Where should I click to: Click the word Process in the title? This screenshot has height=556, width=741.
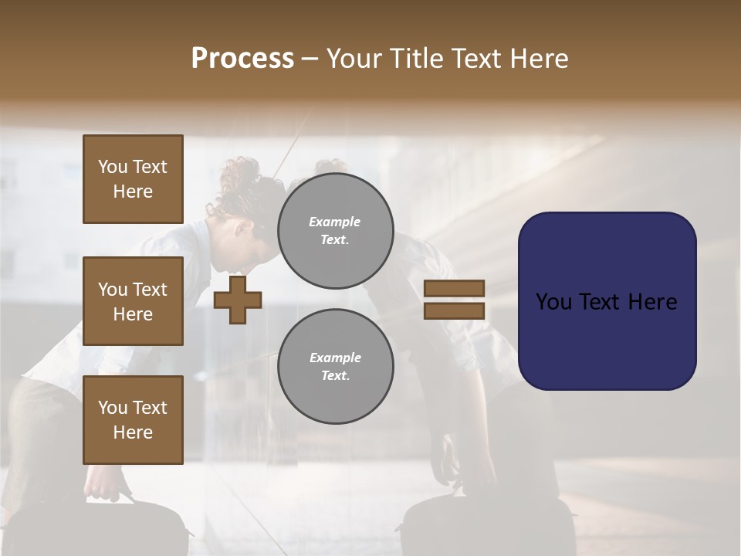click(242, 59)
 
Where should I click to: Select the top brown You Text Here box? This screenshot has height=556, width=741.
click(133, 179)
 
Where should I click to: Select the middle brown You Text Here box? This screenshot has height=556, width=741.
click(133, 301)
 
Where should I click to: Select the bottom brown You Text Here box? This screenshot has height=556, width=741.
click(133, 419)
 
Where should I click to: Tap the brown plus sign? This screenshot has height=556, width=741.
click(238, 300)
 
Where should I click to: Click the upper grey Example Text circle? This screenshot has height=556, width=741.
click(335, 230)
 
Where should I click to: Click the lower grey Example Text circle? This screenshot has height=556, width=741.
click(335, 366)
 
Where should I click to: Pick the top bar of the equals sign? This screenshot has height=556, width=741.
click(455, 288)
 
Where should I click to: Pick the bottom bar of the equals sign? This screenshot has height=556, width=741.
click(455, 311)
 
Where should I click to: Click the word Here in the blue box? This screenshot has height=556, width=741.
click(652, 302)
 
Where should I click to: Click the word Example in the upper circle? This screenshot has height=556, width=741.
click(335, 222)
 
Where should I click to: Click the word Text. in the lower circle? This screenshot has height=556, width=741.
click(335, 375)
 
